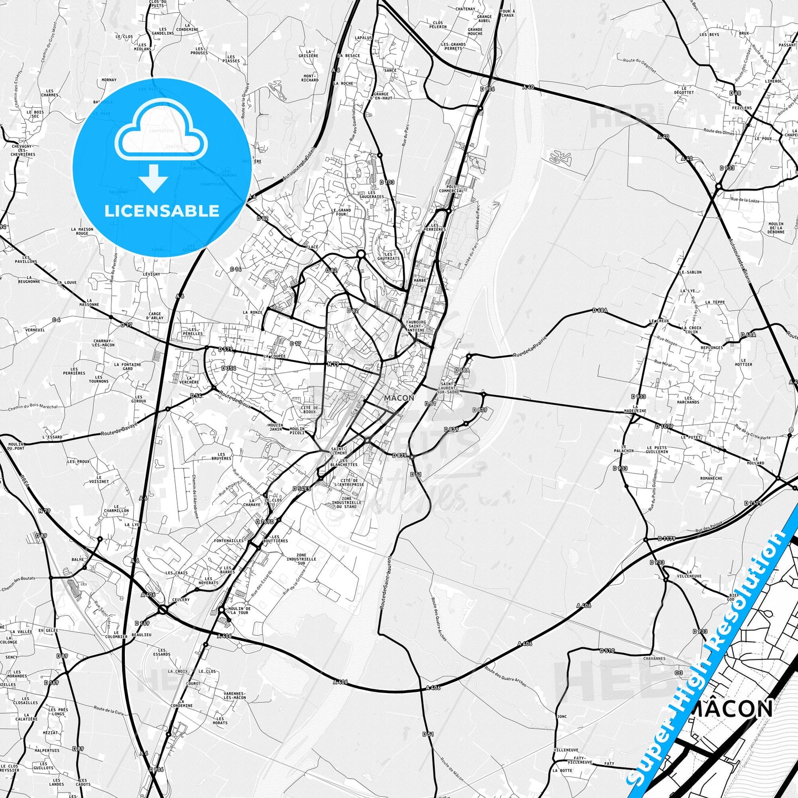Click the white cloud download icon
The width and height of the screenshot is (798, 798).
161,135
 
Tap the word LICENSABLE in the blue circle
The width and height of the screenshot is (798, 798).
162,211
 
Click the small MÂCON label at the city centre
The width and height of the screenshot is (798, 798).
399,398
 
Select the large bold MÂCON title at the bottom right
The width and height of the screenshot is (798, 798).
731,709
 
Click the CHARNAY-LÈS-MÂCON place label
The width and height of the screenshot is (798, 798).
104,343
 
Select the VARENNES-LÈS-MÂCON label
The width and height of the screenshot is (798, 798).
235,695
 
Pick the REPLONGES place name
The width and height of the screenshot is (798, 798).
712,348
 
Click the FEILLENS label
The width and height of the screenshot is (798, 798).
742,108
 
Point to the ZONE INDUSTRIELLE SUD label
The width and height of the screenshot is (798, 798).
302,559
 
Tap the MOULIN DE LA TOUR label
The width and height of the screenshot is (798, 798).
239,610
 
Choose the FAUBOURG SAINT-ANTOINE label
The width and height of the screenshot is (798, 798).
415,326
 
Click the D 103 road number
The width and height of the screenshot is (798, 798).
387,182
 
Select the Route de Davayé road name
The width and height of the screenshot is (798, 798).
119,432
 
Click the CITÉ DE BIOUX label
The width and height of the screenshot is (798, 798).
309,410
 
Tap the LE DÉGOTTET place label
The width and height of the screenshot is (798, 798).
684,90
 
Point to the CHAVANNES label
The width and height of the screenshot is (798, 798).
654,659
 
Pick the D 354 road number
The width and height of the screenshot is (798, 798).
229,368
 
